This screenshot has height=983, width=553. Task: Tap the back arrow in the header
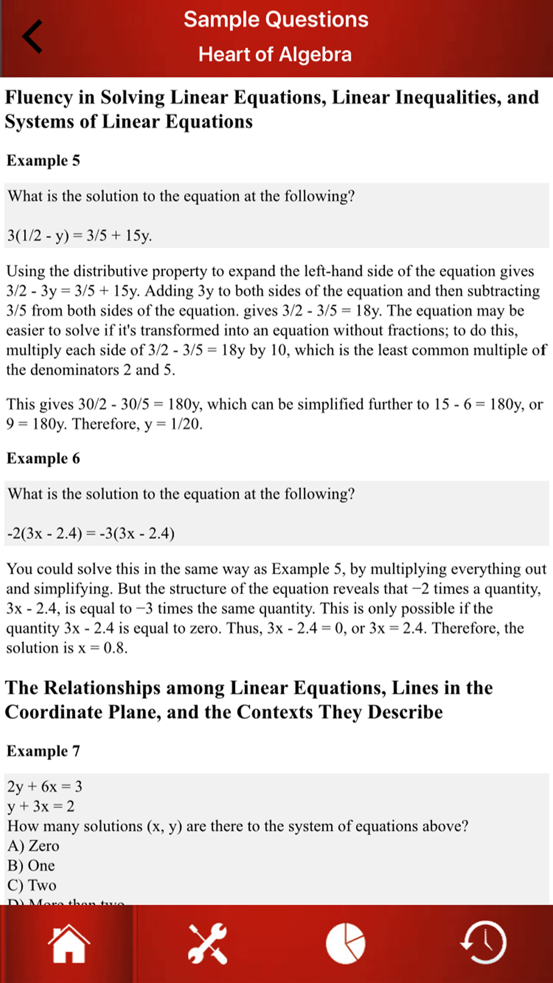click(32, 36)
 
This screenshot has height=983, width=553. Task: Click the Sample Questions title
click(276, 20)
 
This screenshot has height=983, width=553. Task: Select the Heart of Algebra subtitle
click(275, 54)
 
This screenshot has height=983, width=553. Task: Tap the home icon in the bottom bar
click(69, 944)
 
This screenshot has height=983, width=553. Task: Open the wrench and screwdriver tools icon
click(207, 944)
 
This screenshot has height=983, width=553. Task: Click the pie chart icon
click(346, 944)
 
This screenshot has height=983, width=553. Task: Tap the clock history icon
click(483, 943)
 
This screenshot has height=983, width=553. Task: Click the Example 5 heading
click(43, 161)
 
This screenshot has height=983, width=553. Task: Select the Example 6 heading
click(43, 459)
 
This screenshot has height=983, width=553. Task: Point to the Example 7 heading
click(43, 751)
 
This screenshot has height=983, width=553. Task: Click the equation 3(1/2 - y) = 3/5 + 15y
click(80, 236)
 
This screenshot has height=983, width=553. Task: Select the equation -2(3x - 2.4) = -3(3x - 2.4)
click(91, 534)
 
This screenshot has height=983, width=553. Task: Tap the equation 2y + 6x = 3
click(45, 787)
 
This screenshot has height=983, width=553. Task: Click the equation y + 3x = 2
click(41, 807)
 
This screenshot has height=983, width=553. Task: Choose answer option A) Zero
click(33, 846)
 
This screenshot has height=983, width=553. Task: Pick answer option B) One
click(31, 866)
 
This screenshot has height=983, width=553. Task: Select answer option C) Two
click(32, 886)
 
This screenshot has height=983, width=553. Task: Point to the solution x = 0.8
click(102, 649)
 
